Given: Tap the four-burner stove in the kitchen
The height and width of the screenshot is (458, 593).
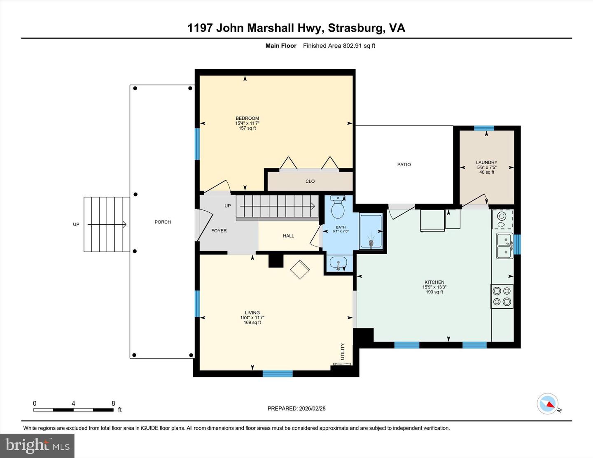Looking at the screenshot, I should (502, 296).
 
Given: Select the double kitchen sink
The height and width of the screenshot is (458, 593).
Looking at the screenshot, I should (504, 246).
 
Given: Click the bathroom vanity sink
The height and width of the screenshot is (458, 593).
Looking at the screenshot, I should (339, 263).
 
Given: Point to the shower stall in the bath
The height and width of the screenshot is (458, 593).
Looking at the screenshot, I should (371, 231).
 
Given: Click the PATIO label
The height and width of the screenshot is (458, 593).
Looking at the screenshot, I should (404, 165).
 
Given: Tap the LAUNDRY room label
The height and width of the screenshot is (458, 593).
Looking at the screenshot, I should (486, 163).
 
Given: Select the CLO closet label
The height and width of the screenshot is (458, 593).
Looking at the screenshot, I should (310, 181).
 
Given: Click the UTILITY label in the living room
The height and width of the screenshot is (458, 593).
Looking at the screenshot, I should (343, 351).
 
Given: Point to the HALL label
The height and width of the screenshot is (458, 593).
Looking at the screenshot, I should (288, 236).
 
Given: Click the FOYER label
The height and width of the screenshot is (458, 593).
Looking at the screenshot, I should (219, 231).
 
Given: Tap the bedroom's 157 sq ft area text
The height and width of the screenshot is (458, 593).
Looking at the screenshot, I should (247, 128).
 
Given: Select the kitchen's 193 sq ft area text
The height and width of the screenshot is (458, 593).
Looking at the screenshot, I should (434, 292).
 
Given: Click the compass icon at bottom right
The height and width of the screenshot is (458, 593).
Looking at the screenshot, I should (548, 404).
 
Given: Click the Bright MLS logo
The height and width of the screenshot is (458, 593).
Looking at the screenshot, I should (37, 445).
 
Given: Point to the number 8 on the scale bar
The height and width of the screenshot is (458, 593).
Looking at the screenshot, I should (113, 403).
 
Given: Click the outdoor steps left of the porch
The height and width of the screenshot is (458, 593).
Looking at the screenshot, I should (107, 224).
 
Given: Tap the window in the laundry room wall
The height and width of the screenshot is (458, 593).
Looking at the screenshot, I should (484, 128).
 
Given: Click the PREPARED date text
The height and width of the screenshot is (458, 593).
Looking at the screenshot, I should (296, 409).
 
